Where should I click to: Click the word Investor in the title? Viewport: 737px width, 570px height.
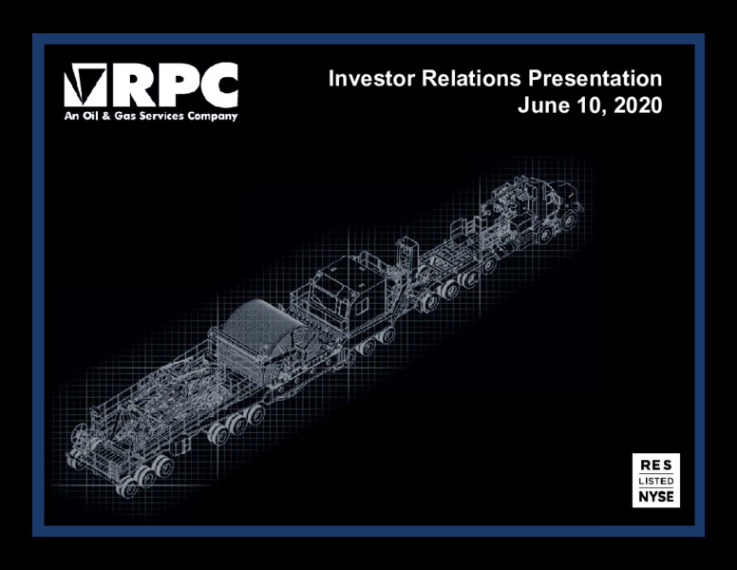[371, 79]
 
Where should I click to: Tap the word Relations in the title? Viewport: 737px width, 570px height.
[471, 79]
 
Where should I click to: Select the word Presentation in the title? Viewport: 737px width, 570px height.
[595, 79]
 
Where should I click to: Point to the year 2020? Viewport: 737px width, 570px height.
[638, 104]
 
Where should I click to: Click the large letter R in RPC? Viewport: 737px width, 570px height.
[135, 85]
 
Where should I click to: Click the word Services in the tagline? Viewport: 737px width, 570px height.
[161, 116]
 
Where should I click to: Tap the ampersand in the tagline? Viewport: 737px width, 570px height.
[105, 116]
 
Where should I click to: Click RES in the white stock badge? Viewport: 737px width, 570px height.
[656, 465]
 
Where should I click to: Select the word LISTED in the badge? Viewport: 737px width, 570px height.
[656, 481]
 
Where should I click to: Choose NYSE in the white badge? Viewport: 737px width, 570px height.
[656, 497]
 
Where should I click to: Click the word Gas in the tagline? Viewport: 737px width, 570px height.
[125, 116]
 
